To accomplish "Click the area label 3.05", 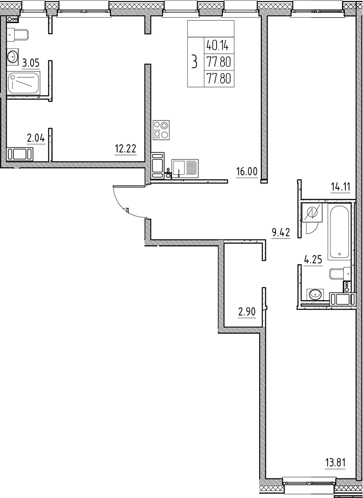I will coord(31,63).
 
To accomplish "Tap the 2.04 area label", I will coord(36,139).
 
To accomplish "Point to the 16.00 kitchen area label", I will coord(247,172).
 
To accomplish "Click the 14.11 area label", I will coord(340,187).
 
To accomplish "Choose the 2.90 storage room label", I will coord(247,312).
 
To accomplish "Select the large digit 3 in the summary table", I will coord(193,61).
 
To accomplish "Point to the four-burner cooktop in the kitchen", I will coord(161,130).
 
